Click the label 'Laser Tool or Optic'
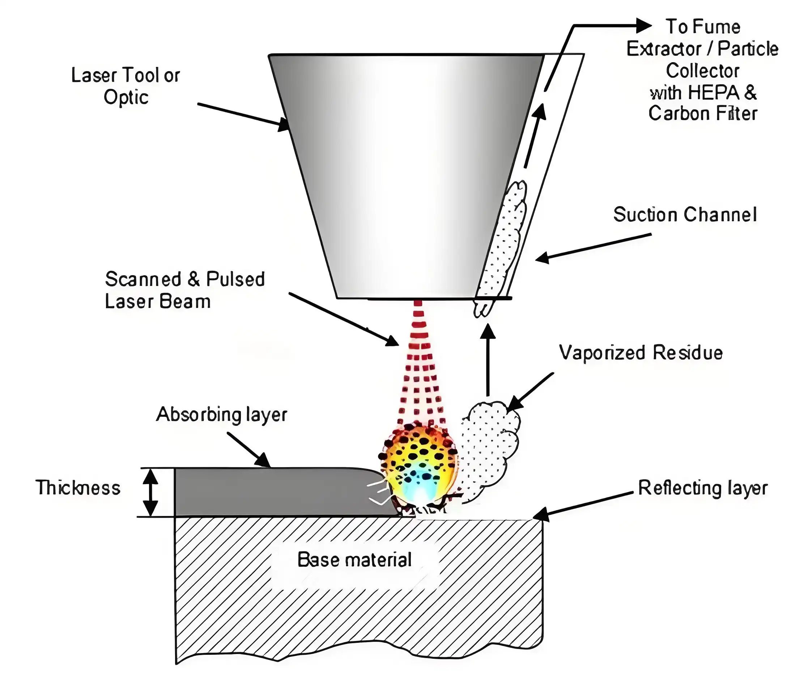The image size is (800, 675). pos(125,86)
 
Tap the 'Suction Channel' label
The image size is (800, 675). pos(685,215)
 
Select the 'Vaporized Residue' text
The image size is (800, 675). pos(641,353)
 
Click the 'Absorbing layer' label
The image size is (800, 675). pos(221,414)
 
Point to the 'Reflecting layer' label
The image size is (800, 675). pos(702,488)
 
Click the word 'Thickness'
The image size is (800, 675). pos(78,488)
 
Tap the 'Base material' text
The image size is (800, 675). pos(354,560)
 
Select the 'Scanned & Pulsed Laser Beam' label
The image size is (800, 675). pos(184,290)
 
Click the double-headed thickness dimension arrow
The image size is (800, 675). pos(150,492)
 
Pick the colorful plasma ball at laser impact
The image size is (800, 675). pos(419,465)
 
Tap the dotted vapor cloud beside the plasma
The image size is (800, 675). pos(490,448)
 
